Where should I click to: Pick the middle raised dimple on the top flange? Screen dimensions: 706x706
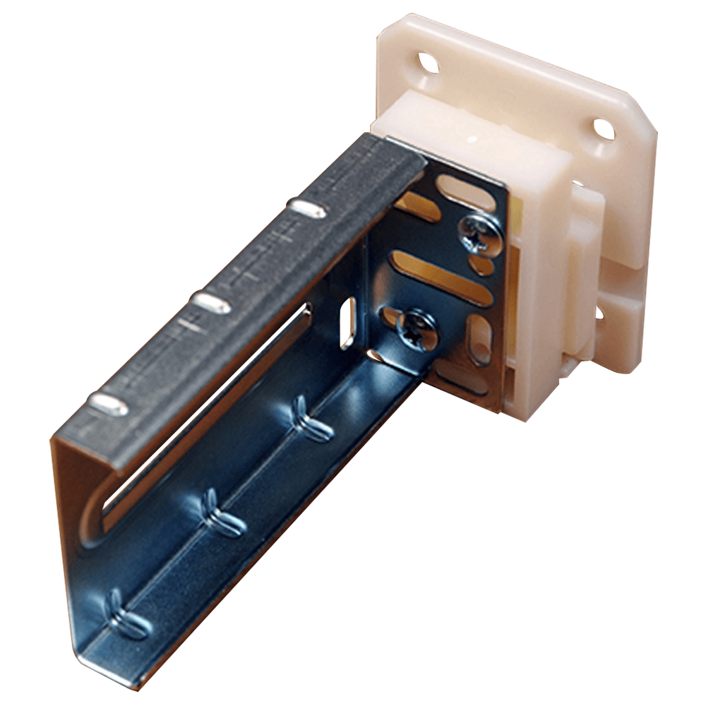[211, 303]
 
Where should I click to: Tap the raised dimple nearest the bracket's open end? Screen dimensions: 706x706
[109, 405]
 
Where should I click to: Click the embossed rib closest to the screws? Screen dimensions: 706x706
[311, 419]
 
